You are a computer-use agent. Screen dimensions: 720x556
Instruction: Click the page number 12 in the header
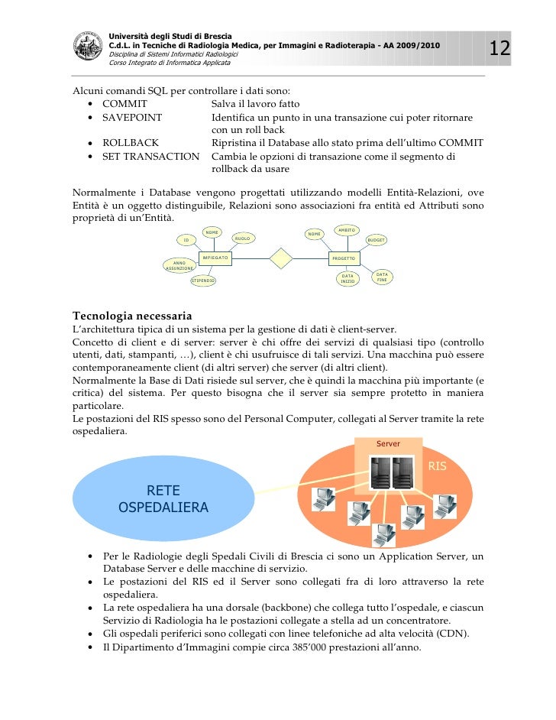(x=499, y=49)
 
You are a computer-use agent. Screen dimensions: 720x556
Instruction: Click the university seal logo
(x=89, y=47)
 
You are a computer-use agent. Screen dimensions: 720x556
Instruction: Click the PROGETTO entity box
(x=343, y=259)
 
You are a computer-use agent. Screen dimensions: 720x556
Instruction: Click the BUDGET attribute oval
(x=376, y=240)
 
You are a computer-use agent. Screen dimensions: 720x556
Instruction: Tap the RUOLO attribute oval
(x=243, y=239)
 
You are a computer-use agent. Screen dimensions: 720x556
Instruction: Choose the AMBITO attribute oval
(x=347, y=229)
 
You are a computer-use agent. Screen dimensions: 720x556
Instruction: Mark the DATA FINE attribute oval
(x=383, y=277)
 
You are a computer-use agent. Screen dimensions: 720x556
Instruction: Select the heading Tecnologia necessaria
(x=131, y=316)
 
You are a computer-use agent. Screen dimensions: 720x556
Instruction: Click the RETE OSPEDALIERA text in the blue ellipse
(x=163, y=498)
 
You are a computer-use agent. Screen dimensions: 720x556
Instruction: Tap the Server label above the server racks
(x=388, y=443)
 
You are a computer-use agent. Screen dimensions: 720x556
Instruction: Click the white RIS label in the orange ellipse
(x=437, y=465)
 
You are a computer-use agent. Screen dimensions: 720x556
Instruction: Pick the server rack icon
(x=387, y=472)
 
